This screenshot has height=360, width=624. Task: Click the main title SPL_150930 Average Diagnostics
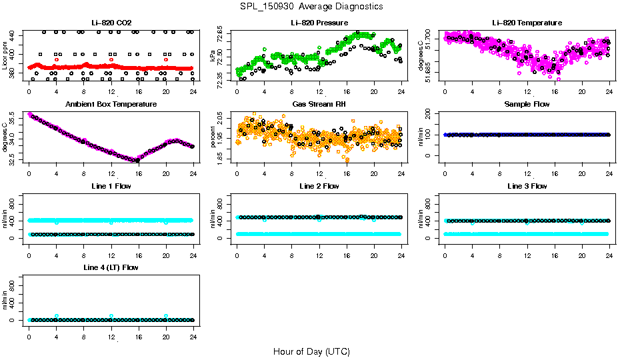point(311,6)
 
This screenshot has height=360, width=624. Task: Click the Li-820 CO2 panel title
point(111,23)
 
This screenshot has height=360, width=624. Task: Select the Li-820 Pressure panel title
point(319,23)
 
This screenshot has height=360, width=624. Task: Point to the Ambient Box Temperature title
point(111,104)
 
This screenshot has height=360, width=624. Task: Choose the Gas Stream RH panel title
point(319,104)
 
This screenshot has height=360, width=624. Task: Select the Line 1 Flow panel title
point(111,186)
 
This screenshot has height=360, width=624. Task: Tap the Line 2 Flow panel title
point(319,186)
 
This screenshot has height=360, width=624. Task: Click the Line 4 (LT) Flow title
point(111,267)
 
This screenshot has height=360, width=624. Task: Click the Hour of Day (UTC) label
point(311,351)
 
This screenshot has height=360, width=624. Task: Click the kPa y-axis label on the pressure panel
point(213,56)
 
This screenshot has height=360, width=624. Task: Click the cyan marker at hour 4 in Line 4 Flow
point(57,316)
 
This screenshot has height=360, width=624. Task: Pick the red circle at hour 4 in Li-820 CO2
point(57,59)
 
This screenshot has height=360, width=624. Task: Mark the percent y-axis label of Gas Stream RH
point(213,137)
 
